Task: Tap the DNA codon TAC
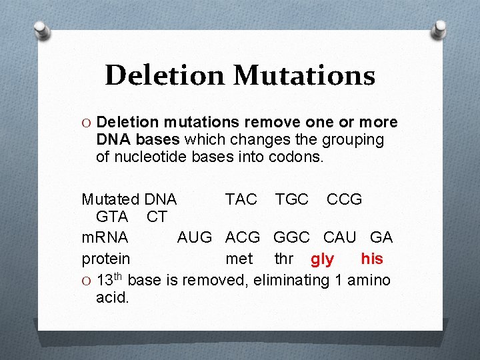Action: coord(241,199)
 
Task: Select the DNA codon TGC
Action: coord(292,199)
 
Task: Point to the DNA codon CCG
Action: coord(344,199)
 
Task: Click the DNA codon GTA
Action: coord(112,217)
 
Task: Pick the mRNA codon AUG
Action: coord(194,237)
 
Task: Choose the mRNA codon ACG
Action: coord(243,237)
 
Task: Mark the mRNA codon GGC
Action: coord(291,237)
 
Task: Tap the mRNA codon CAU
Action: coord(340,237)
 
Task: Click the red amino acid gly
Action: coord(322,259)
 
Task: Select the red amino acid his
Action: coord(371,257)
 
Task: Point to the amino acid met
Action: coord(239,258)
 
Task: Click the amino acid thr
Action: coord(284,258)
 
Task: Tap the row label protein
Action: coord(106,258)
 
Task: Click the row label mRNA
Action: coord(105,237)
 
